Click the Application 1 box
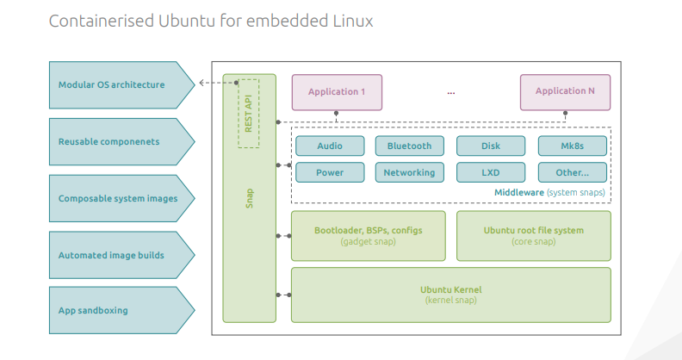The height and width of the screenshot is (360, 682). pyautogui.click(x=337, y=92)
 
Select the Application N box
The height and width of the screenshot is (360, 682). pyautogui.click(x=565, y=92)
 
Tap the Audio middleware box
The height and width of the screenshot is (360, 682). pyautogui.click(x=329, y=146)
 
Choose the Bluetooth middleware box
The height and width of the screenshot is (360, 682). pyautogui.click(x=409, y=146)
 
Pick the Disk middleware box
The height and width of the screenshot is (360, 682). pyautogui.click(x=490, y=146)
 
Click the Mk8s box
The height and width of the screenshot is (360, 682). pyautogui.click(x=572, y=146)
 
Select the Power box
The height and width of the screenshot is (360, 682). pyautogui.click(x=329, y=172)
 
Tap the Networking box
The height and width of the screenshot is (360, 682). pyautogui.click(x=409, y=172)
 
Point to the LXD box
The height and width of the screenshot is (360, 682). pyautogui.click(x=490, y=172)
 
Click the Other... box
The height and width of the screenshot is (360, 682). pyautogui.click(x=572, y=172)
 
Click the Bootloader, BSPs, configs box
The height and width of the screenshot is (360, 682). pyautogui.click(x=369, y=235)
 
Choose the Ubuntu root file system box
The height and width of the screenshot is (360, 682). pyautogui.click(x=533, y=235)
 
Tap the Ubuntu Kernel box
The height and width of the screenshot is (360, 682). pyautogui.click(x=450, y=294)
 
